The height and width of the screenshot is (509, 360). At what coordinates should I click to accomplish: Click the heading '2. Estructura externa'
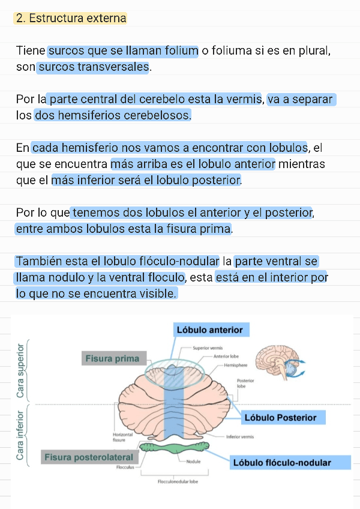tap(71, 19)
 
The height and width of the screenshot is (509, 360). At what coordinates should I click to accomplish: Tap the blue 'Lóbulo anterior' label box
tap(210, 330)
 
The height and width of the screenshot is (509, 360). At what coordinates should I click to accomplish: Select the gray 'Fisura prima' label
tap(112, 359)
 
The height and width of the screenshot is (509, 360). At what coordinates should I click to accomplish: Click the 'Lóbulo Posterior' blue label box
tap(280, 417)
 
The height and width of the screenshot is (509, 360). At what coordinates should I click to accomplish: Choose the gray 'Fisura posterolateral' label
tap(89, 458)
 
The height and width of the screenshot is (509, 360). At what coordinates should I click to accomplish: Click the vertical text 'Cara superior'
tap(21, 370)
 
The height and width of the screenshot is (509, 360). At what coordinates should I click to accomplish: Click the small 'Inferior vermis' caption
tap(240, 437)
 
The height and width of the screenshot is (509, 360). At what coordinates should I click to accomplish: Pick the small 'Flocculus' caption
tap(125, 467)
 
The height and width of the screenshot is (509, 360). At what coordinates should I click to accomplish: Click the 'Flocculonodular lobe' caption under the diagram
tap(178, 481)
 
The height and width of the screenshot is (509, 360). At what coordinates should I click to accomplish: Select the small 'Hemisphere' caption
tap(236, 365)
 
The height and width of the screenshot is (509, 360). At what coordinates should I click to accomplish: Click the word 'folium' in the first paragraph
tap(178, 51)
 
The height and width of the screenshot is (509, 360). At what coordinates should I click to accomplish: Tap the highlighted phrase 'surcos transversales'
tap(93, 67)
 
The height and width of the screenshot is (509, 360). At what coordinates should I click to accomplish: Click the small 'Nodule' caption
tap(193, 462)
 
